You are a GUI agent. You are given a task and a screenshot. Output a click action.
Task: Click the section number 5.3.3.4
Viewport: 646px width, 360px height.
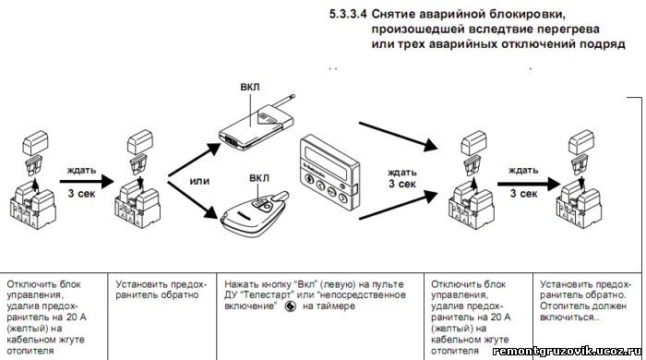click(347, 15)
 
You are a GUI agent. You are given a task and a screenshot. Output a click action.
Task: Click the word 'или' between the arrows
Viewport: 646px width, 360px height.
click(199, 181)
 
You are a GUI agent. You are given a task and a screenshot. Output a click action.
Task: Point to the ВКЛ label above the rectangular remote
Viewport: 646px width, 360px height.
click(250, 88)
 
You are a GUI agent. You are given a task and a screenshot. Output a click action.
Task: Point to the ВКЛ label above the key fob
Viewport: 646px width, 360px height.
click(259, 178)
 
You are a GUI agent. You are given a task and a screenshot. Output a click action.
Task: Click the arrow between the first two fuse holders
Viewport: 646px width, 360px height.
click(87, 181)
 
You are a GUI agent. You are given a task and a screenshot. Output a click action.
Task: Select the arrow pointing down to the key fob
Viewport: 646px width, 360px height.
click(193, 199)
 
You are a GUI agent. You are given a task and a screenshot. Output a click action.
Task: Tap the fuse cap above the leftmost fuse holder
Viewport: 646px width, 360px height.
click(35, 143)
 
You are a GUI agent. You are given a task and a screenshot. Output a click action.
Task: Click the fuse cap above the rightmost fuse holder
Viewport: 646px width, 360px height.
click(581, 142)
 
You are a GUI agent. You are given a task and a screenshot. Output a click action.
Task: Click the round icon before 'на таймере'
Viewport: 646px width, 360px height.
click(290, 306)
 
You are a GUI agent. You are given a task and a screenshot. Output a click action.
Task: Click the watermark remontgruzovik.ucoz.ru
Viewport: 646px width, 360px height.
click(567, 351)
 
